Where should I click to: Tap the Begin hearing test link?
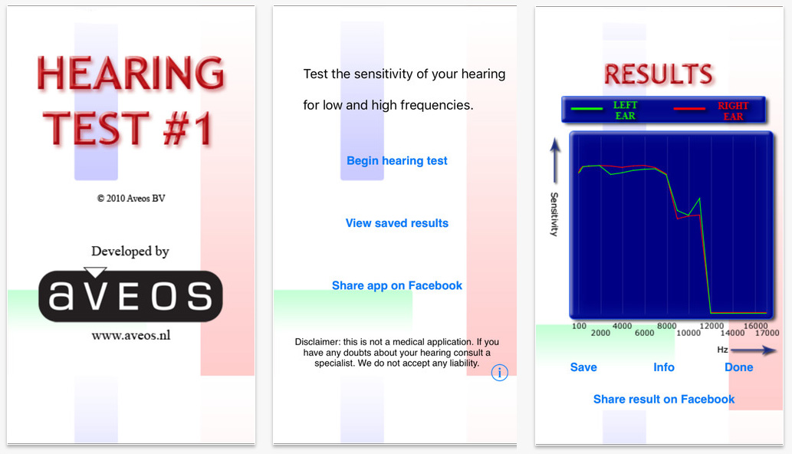point(396,161)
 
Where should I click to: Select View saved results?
point(396,223)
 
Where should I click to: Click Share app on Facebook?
point(396,285)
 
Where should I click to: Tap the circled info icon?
point(499,373)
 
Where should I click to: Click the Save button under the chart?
point(583,367)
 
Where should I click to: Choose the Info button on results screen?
point(664,367)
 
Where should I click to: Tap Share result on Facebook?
point(664,400)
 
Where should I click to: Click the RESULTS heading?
point(659,74)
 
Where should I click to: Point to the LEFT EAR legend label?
point(625,110)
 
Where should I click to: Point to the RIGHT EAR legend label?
point(733,111)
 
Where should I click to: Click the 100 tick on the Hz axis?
point(580,326)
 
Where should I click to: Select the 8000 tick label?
point(666,326)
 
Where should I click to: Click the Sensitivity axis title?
point(554,214)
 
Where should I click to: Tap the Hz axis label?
point(722,350)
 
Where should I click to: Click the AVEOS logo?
point(130,295)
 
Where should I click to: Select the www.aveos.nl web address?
point(130,336)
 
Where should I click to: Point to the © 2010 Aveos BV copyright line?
point(131,199)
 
